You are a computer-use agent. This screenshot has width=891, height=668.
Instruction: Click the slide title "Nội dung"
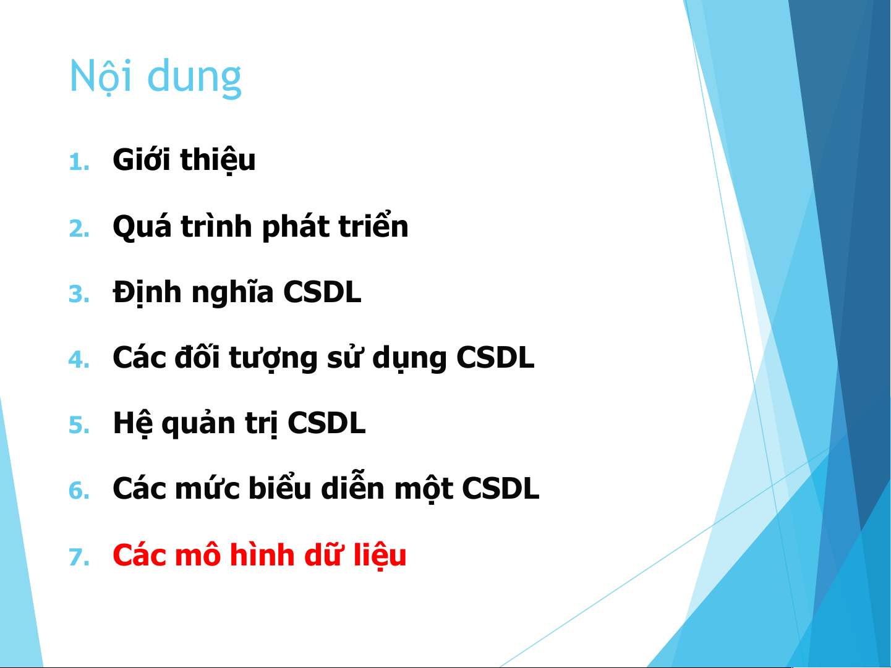click(x=155, y=77)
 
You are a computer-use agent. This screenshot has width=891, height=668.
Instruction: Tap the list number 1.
click(x=79, y=162)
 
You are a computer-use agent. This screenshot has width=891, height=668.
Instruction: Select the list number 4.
click(x=79, y=360)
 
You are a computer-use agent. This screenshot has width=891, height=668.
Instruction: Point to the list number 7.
click(x=79, y=557)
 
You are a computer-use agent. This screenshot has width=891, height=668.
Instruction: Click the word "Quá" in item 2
click(x=142, y=226)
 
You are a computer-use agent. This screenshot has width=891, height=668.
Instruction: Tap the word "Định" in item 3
click(x=147, y=293)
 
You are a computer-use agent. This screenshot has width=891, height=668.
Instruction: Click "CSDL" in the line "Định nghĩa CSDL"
click(x=322, y=292)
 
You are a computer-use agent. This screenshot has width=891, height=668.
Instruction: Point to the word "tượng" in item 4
click(x=273, y=358)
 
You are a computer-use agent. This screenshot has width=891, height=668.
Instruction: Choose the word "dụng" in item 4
click(x=409, y=358)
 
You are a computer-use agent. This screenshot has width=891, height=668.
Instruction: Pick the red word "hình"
click(x=262, y=554)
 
